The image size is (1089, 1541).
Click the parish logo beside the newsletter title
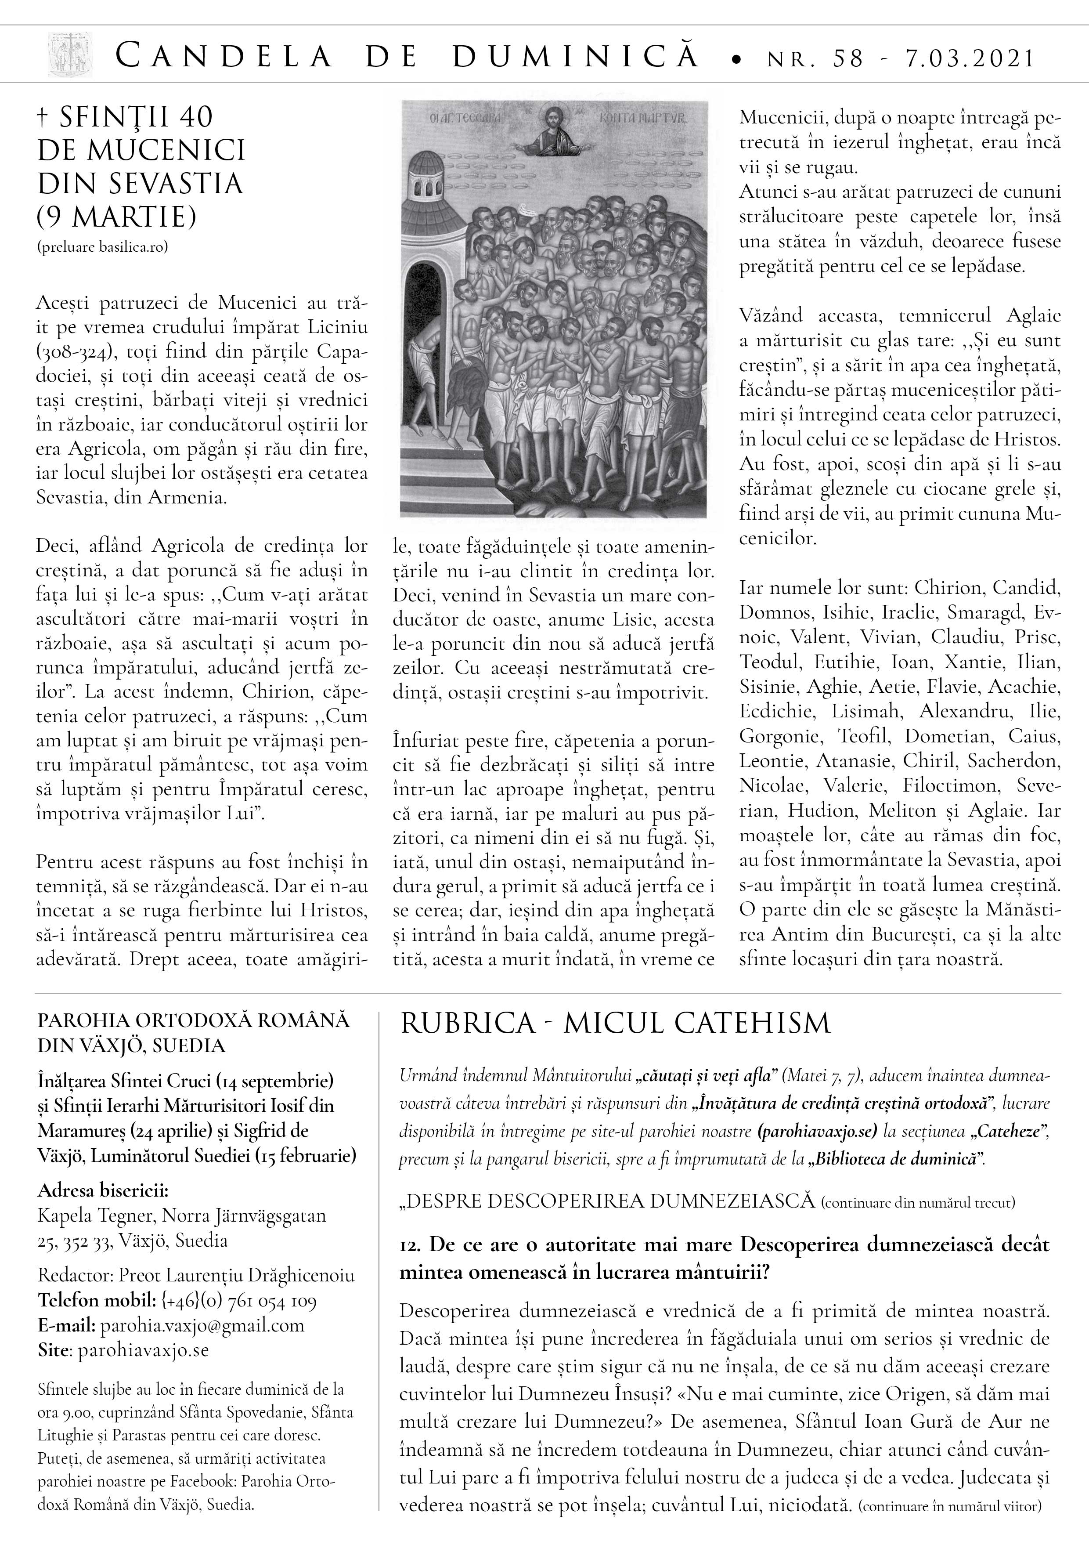[69, 55]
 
